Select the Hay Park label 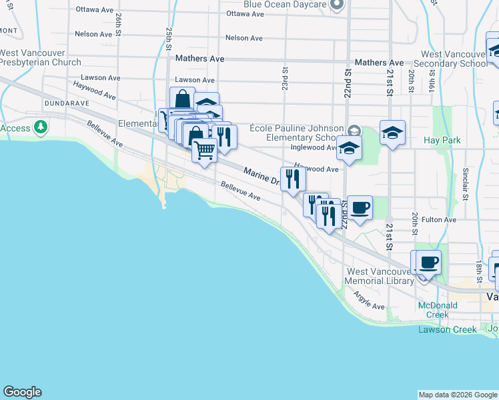click(x=442, y=141)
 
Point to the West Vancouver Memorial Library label click(x=379, y=276)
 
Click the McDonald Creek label click(x=438, y=310)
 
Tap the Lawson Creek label click(x=448, y=329)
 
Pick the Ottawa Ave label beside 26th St click(x=95, y=10)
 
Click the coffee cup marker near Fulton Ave click(x=360, y=207)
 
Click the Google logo click(x=22, y=392)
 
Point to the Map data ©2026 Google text click(x=458, y=395)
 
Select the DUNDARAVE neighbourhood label click(x=67, y=104)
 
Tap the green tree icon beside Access click(x=41, y=127)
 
